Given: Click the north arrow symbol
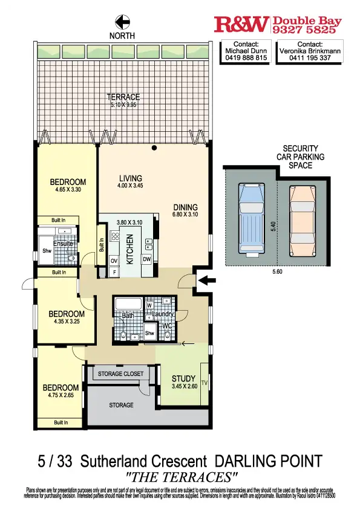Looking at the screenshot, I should pos(123,22).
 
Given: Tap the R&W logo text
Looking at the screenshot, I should pos(241,24).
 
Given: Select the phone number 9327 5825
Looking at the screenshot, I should pos(308,28).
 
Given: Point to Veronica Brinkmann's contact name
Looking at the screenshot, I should pos(310,51).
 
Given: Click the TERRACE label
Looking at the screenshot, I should pos(123,97).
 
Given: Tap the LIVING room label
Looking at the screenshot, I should pos(130,178).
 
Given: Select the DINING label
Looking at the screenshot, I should pos(185,206).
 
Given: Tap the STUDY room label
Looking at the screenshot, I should pos(183,379).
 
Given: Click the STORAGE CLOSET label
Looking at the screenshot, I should pos(121,374).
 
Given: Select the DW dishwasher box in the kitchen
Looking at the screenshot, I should pos(146,259).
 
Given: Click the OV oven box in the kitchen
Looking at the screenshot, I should pos(113,261).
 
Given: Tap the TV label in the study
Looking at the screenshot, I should pos(204,383).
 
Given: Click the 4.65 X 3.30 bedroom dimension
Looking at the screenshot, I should pos(68,189).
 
